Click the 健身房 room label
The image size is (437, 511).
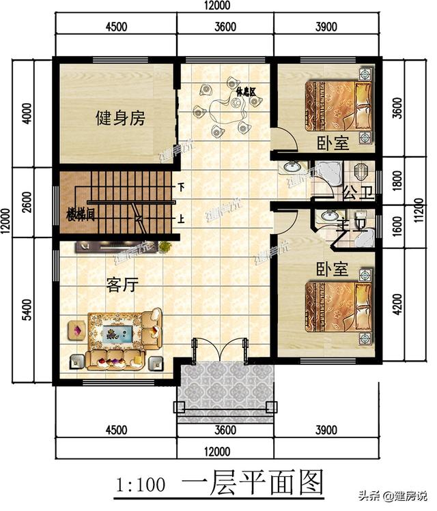pos(120,118)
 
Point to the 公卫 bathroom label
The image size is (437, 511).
pos(357,190)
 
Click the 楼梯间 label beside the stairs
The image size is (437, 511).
pos(81,211)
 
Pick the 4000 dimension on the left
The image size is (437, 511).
pos(27,113)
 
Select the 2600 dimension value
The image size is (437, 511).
pos(27,202)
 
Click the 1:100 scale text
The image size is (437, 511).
pos(139,485)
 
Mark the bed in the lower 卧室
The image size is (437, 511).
pos(339,306)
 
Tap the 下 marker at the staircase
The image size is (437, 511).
pos(181,186)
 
